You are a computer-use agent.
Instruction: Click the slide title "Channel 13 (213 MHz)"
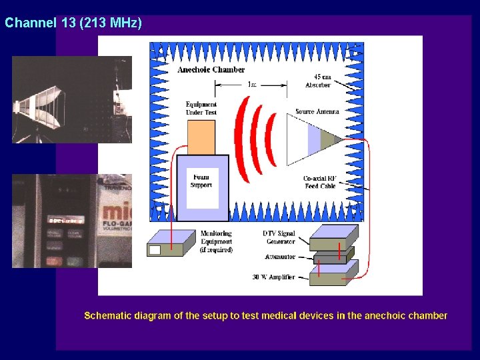[73, 23]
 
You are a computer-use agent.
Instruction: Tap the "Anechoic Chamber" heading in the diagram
[211, 69]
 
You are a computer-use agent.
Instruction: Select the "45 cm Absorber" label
[318, 81]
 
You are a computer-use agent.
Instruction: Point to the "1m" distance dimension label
[251, 85]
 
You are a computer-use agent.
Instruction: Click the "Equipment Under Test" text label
[201, 108]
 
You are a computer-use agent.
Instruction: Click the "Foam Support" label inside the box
[201, 180]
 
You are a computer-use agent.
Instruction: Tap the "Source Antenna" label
[317, 111]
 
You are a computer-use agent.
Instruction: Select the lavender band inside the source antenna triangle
[314, 139]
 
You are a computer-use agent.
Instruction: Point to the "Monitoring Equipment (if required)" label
[217, 241]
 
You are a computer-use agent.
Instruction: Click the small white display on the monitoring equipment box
[155, 250]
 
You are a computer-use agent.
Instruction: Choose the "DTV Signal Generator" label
[279, 237]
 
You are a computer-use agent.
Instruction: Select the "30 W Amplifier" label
[273, 277]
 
